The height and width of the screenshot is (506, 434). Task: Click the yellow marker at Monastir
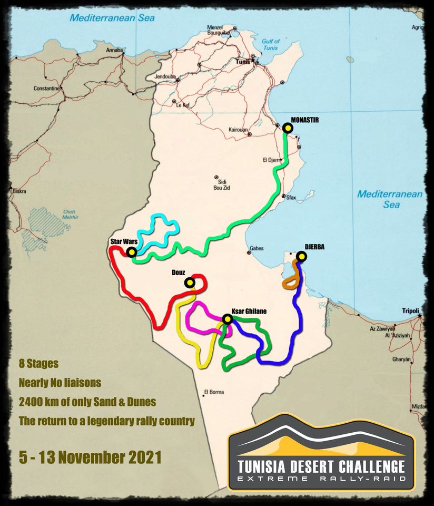pos(287,128)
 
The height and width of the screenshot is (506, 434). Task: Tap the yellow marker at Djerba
pos(301,257)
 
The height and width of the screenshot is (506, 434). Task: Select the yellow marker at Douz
pos(189,283)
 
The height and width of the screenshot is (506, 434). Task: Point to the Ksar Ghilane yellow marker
pos(227,319)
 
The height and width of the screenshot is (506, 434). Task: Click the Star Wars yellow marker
pos(131,252)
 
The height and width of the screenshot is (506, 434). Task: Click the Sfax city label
pos(291,198)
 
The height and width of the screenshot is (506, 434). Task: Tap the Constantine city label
pos(48,89)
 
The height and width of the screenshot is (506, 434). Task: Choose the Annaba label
pos(114,50)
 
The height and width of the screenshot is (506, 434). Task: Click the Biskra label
pos(19,191)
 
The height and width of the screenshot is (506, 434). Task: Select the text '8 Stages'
pos(38,364)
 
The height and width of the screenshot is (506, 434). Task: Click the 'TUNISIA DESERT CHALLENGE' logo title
pos(321,466)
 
